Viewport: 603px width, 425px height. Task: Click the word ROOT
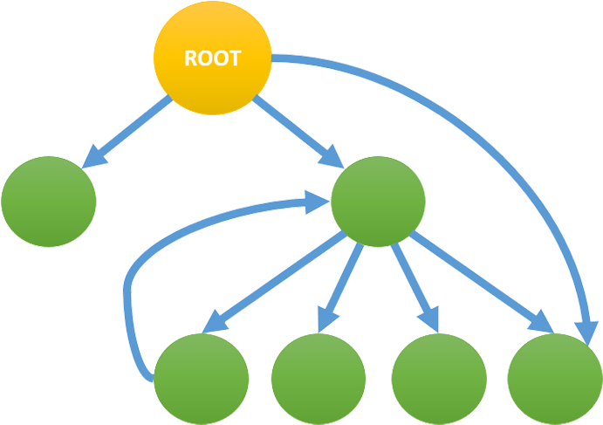point(212,59)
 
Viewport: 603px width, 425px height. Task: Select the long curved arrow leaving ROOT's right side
point(489,140)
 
